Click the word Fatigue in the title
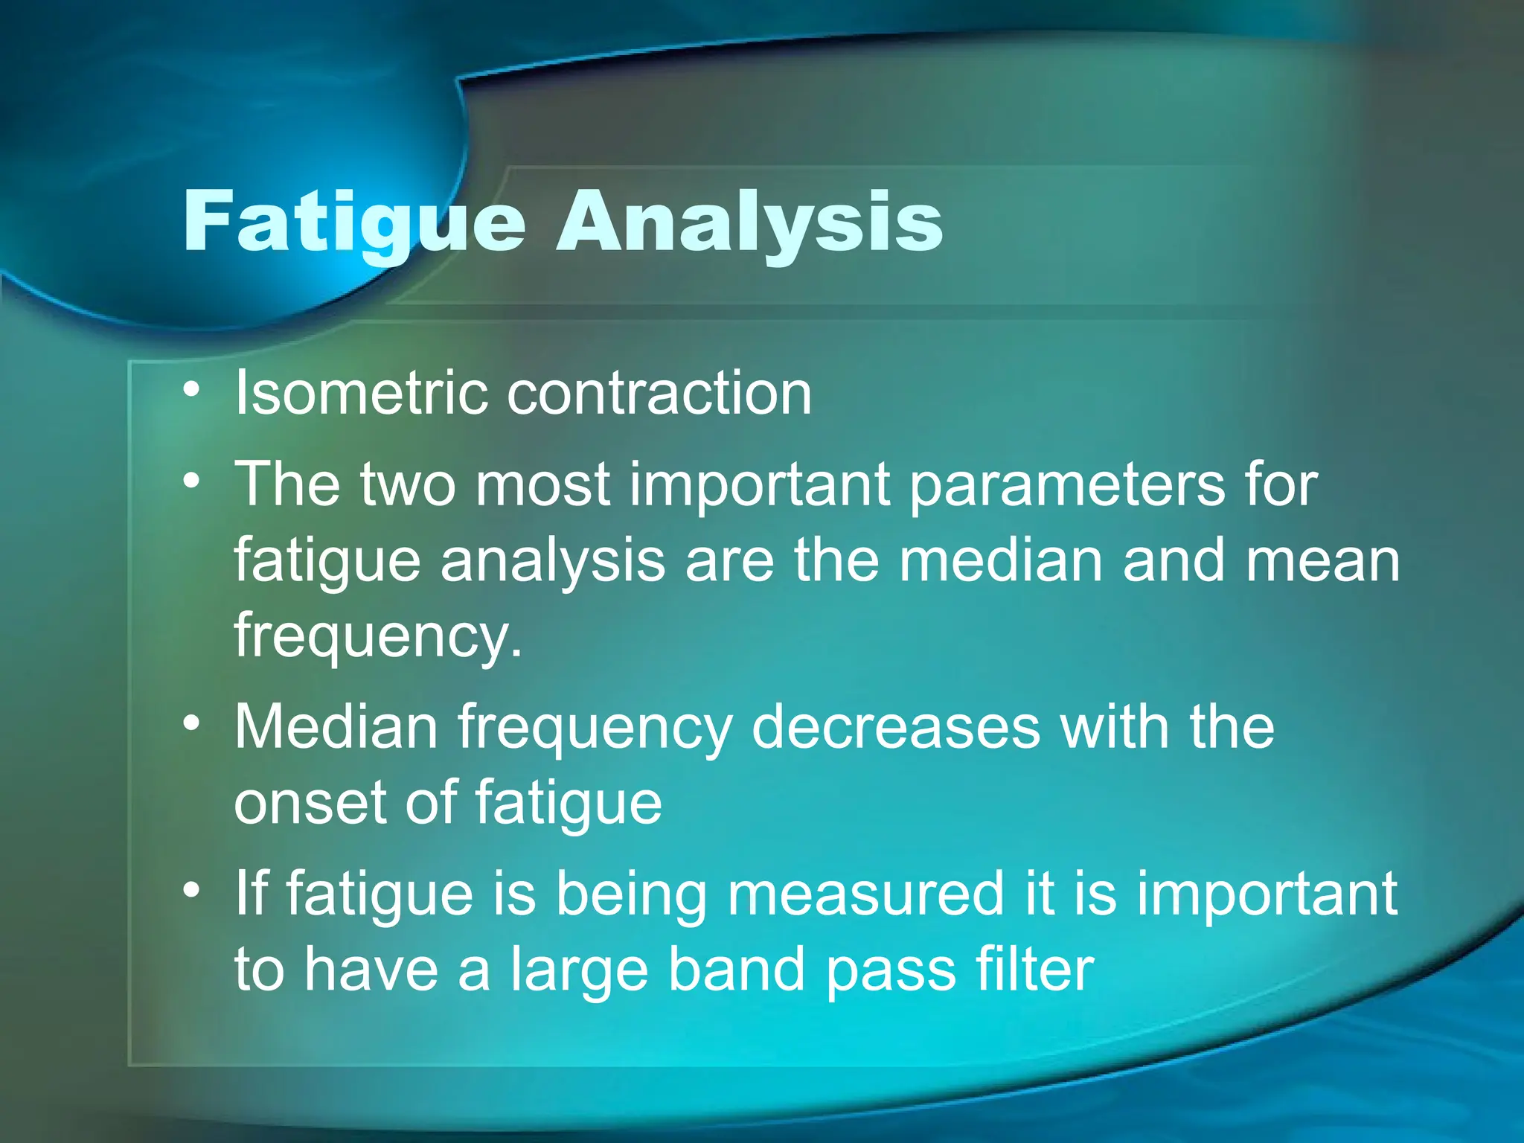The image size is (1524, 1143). (354, 221)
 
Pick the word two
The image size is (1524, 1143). (407, 484)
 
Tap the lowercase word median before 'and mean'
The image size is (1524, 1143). (1000, 560)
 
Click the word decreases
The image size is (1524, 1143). (895, 728)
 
